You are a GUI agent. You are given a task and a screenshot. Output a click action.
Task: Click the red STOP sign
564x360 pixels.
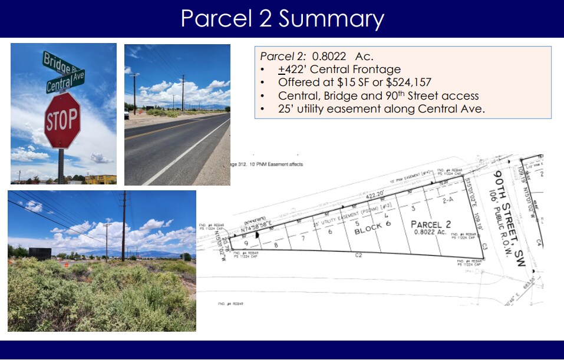click(x=62, y=120)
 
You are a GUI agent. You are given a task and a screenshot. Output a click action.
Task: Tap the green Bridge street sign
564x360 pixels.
click(x=57, y=62)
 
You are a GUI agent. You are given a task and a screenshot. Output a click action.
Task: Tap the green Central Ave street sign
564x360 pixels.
click(x=65, y=81)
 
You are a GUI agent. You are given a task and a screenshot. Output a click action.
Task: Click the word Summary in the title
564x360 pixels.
click(x=331, y=18)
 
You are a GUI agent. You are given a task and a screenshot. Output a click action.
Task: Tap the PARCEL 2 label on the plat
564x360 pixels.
click(x=431, y=224)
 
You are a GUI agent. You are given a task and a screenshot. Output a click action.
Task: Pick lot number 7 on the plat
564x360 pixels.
click(x=302, y=238)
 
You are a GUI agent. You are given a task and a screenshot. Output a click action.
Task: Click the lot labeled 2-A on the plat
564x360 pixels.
click(x=447, y=200)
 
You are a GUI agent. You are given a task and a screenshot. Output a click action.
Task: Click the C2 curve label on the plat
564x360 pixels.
click(x=358, y=255)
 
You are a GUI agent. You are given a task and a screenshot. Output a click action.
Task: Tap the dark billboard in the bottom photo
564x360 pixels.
click(x=39, y=253)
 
